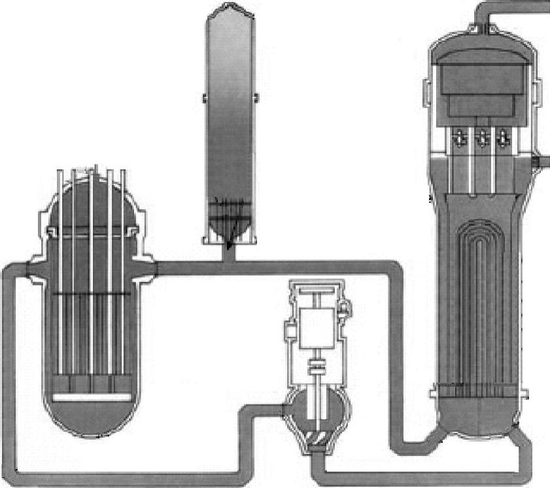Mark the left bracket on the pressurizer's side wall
click(x=205, y=97)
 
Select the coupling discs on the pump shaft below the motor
click(x=318, y=368)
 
